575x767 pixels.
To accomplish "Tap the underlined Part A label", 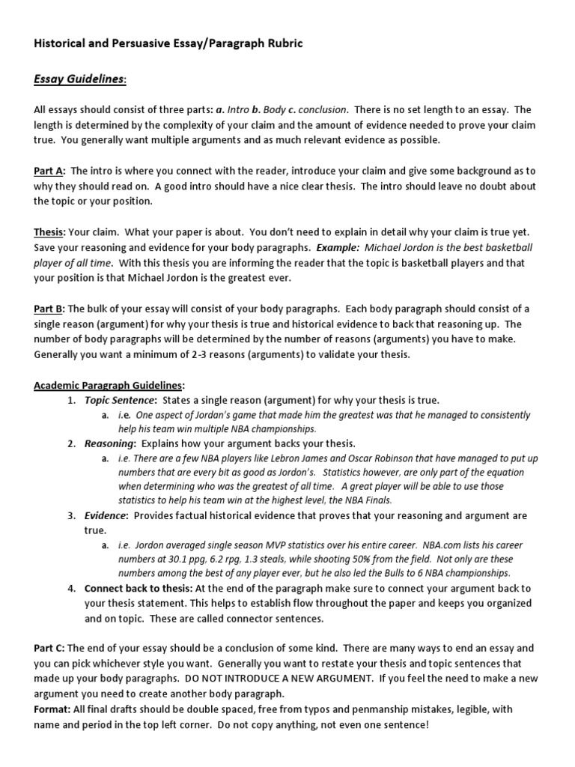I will [49, 172].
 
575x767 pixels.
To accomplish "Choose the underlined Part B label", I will [49, 309].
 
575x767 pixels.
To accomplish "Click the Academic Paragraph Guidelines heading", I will [109, 385].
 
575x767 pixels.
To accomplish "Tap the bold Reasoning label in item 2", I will [109, 443].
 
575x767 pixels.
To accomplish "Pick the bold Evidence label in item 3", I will [106, 516].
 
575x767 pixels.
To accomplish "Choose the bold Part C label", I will [49, 648].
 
